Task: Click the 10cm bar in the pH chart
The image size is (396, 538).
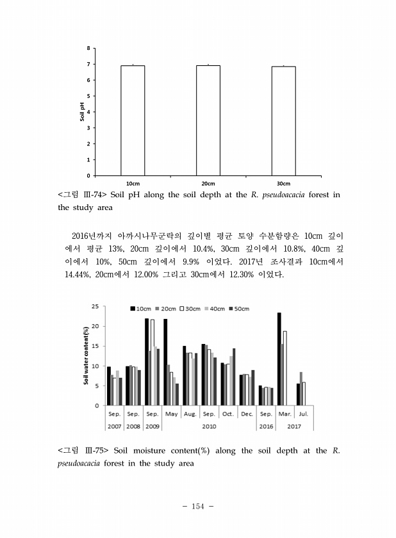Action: [x=133, y=120]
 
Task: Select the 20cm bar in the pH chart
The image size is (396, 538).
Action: [x=208, y=120]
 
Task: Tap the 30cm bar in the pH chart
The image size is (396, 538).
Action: [x=283, y=120]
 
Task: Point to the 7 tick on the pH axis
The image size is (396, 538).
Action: [x=88, y=64]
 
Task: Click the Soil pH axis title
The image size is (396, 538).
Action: [x=82, y=111]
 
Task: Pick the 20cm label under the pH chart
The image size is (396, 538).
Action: [x=208, y=183]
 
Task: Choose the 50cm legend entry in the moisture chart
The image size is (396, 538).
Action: [x=238, y=309]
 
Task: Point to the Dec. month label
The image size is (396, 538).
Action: [x=246, y=414]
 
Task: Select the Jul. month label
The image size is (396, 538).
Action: [x=303, y=414]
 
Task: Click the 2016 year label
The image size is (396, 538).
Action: [x=265, y=425]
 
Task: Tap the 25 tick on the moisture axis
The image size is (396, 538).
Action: [x=94, y=306]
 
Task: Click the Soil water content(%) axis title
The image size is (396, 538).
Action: [x=86, y=355]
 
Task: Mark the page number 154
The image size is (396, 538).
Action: [x=197, y=506]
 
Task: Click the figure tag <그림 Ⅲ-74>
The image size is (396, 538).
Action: [x=83, y=195]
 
